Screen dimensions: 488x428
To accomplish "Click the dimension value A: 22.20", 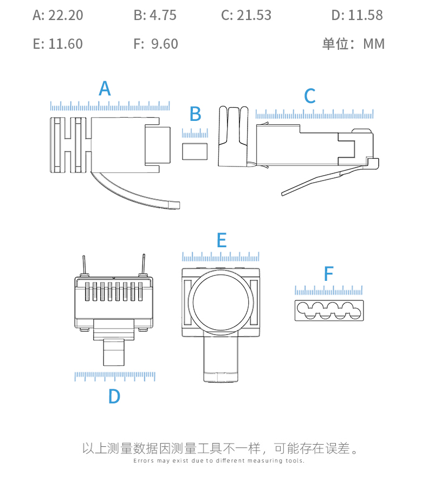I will [x=58, y=15].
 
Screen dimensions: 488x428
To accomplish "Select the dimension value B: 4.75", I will [x=155, y=15].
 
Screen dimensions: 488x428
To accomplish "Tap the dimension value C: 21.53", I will [x=246, y=15].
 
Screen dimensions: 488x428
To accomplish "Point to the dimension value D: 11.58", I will [x=357, y=15].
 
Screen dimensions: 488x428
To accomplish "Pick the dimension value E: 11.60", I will [x=58, y=44].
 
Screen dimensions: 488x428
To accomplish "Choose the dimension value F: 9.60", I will [x=155, y=44].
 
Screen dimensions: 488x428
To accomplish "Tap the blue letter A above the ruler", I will [x=105, y=88].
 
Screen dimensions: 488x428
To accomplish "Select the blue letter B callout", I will [x=195, y=114].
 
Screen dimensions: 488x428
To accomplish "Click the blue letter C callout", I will [x=309, y=97].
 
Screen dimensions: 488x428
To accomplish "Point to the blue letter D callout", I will [x=114, y=397].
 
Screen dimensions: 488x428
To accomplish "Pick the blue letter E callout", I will [x=221, y=241].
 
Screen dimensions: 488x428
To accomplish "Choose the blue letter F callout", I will [x=328, y=274].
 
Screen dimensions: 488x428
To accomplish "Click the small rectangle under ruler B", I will [x=195, y=151].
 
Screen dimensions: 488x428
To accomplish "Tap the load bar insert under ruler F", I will [x=329, y=310].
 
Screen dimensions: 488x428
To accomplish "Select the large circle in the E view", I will [x=223, y=300].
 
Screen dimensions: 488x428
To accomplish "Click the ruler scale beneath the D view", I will [x=115, y=376].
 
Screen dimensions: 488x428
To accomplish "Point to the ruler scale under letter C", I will [x=314, y=114].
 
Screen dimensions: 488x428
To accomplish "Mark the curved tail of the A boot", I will [x=135, y=192].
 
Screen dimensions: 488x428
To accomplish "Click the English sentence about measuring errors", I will [x=219, y=461].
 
